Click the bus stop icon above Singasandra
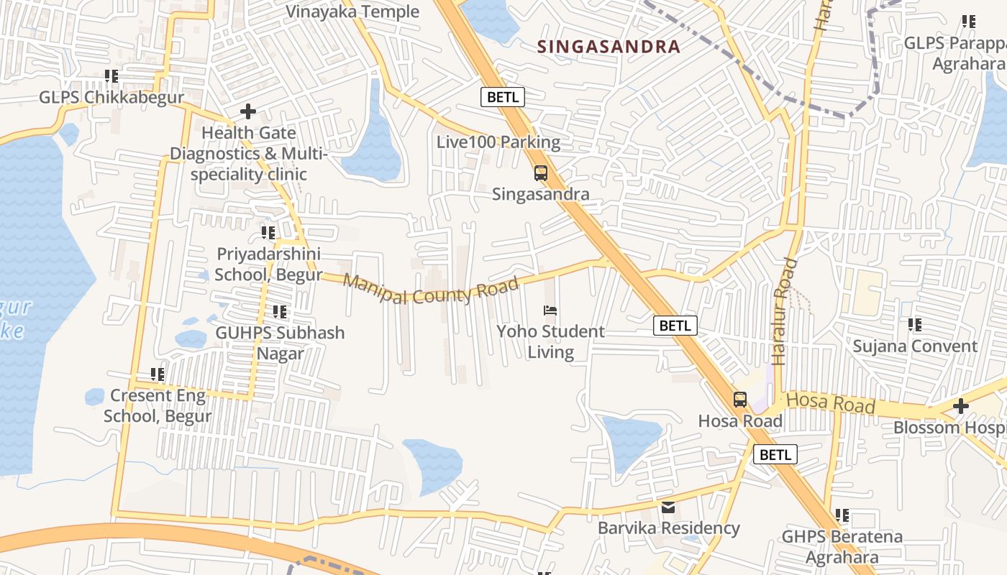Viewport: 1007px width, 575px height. click(541, 173)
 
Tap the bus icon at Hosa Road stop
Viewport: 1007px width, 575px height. click(740, 400)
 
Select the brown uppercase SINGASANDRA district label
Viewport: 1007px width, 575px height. click(609, 47)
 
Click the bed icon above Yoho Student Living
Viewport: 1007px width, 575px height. click(550, 310)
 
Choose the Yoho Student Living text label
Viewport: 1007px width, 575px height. click(551, 341)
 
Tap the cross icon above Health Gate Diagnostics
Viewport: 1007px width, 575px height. click(248, 111)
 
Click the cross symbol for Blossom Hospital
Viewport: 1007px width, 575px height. click(960, 407)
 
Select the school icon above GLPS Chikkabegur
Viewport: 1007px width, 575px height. click(111, 75)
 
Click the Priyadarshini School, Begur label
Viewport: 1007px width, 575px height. click(268, 264)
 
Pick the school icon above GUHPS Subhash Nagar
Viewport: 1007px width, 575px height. click(280, 312)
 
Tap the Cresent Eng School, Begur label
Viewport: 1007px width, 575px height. click(158, 405)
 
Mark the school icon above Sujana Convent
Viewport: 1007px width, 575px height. click(915, 325)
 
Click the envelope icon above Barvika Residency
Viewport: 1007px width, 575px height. click(669, 507)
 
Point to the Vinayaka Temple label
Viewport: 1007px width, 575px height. click(352, 11)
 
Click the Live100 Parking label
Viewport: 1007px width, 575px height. click(498, 142)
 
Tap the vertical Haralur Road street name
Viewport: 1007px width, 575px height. click(785, 310)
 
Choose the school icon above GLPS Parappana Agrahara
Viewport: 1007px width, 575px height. click(969, 22)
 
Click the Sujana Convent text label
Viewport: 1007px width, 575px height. click(915, 346)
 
